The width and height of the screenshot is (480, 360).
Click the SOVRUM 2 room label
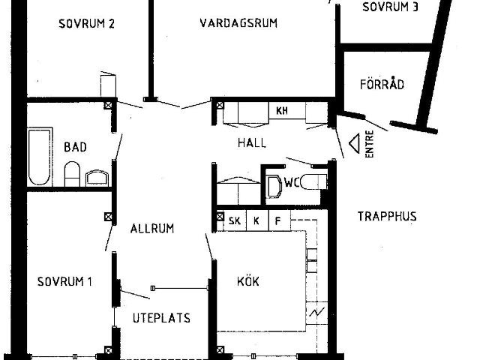click(x=86, y=23)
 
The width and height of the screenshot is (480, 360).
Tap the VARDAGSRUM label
click(x=238, y=23)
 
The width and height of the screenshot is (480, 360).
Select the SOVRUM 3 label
click(x=390, y=7)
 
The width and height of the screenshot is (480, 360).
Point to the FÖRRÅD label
click(x=382, y=84)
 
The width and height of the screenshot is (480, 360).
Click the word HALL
click(x=252, y=142)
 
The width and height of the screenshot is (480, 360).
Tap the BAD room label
click(x=75, y=147)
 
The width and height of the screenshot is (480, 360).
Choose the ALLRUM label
click(x=151, y=228)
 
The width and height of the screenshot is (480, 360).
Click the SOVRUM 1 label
click(x=64, y=282)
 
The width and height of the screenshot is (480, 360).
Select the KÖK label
click(x=248, y=282)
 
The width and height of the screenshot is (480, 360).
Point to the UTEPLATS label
click(x=161, y=318)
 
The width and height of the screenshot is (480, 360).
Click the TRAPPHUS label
click(x=386, y=217)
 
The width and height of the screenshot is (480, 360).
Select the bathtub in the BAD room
click(x=40, y=157)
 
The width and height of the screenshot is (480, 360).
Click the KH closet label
click(x=282, y=111)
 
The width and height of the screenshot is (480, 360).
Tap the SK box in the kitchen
click(x=235, y=221)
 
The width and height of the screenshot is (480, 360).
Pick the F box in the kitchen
click(x=277, y=221)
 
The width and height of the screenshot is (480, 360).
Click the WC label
click(x=292, y=181)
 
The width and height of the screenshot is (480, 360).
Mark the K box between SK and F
click(x=256, y=221)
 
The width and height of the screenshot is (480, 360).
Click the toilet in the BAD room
click(x=73, y=175)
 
